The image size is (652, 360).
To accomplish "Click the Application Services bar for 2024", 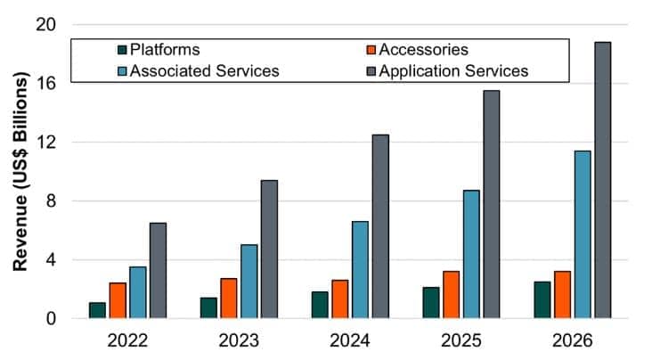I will click(380, 226).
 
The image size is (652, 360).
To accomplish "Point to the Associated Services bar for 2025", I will click(471, 254).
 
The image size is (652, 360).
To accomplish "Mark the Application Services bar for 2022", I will click(158, 270).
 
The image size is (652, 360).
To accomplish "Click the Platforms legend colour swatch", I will click(121, 50).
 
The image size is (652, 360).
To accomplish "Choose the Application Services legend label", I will click(453, 70).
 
